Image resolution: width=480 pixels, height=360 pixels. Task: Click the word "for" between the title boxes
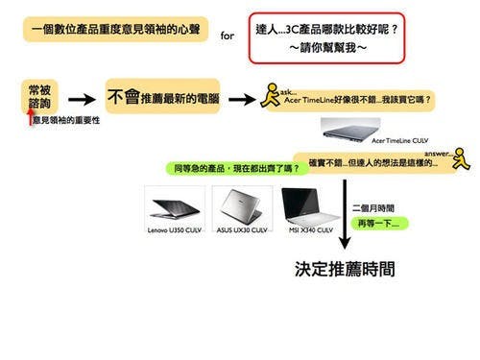[x=227, y=36]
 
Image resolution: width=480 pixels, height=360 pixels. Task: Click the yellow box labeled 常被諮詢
[x=40, y=95]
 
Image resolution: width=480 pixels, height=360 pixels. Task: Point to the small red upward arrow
[x=28, y=118]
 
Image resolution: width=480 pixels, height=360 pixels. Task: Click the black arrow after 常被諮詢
[x=84, y=98]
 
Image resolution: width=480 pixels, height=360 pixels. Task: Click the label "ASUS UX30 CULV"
[x=241, y=230]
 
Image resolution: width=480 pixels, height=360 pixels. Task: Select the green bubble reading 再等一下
[x=381, y=223]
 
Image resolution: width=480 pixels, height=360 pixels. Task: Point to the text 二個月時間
[x=372, y=206]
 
